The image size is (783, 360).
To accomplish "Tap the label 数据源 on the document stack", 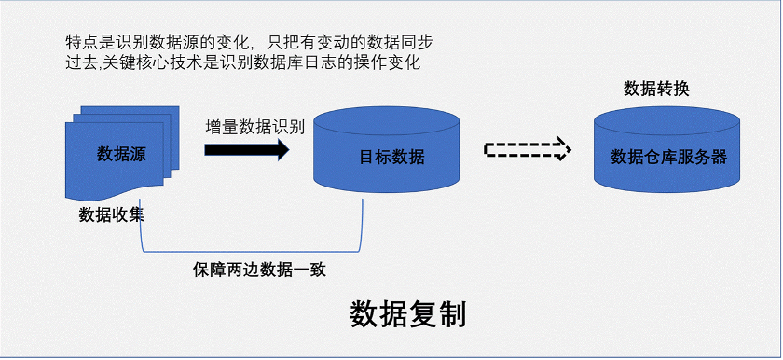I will tap(121, 155).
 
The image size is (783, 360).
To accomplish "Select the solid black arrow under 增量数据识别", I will tap(247, 150).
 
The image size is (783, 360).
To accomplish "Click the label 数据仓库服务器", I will tap(668, 157).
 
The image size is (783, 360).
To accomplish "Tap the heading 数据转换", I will tap(656, 89).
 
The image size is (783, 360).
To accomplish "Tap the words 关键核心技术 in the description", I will tap(163, 62).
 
